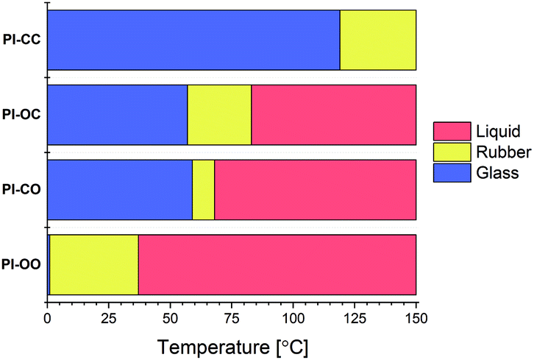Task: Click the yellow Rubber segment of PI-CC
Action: click(x=378, y=40)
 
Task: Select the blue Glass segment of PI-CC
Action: click(x=193, y=40)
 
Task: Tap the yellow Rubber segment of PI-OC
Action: click(x=219, y=114)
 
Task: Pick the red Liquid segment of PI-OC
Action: click(x=334, y=114)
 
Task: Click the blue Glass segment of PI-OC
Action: click(x=118, y=114)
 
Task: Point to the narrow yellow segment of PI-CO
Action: click(x=203, y=189)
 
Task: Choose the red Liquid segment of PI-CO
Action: click(x=315, y=189)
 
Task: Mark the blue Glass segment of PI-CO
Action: click(x=120, y=189)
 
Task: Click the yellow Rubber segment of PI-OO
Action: click(x=93, y=264)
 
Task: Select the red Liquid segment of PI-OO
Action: click(x=277, y=264)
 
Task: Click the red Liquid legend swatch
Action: click(x=449, y=133)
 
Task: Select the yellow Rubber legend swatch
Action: click(x=449, y=152)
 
